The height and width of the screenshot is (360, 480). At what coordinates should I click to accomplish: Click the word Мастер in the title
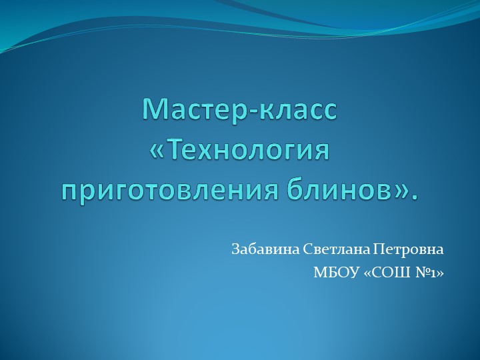pos(193,109)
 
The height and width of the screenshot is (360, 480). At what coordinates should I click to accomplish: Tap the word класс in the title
pos(297,109)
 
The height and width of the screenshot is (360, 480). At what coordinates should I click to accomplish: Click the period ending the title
pos(417,197)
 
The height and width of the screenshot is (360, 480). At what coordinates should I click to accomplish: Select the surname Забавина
pos(264,250)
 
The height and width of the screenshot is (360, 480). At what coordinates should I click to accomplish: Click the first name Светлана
pos(336,250)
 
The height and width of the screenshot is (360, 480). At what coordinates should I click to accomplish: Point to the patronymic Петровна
pos(408,250)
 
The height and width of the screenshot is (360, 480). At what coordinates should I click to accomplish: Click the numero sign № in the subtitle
pos(422,273)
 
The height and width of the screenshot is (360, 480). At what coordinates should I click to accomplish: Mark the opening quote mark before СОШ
pos(369,273)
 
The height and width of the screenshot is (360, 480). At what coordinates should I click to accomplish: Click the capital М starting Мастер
pos(154,109)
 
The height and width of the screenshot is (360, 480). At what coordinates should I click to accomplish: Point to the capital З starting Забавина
pos(235,250)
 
